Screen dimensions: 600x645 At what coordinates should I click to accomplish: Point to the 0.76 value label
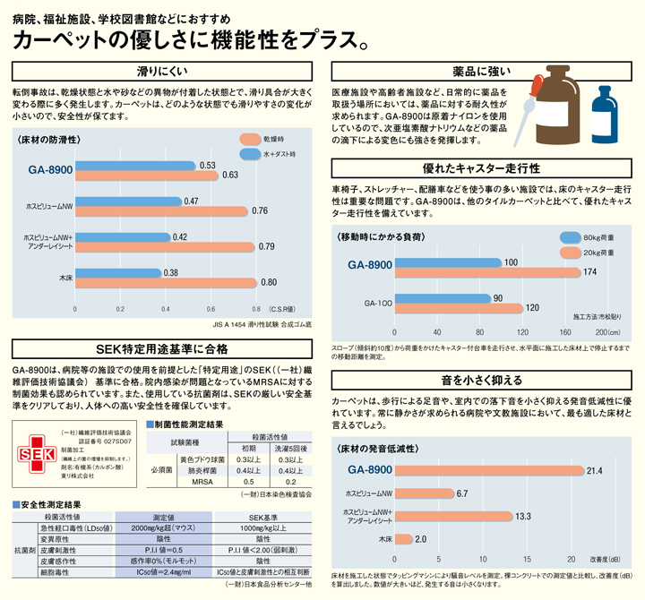coord(261,211)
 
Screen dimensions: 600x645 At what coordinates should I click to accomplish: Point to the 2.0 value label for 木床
coord(421,538)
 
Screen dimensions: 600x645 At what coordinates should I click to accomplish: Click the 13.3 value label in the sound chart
coord(523,516)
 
